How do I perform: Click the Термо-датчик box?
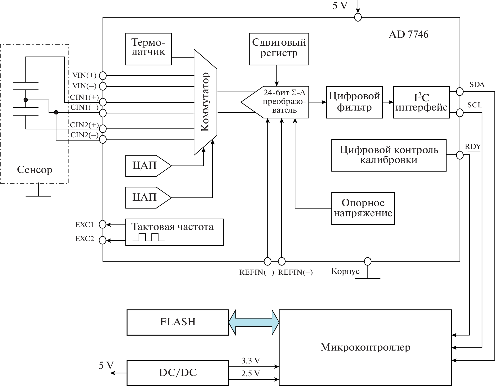point(148,49)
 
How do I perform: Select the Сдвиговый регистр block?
point(279,49)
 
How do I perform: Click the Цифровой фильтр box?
point(354,102)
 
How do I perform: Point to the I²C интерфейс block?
point(421,102)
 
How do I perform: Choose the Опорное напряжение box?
point(363,208)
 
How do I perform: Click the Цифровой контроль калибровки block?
point(389,155)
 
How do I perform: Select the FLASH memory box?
point(178,322)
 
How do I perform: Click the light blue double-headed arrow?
point(254,322)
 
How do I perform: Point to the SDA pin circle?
point(460,91)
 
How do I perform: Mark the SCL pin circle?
point(460,113)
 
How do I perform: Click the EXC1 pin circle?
point(103,225)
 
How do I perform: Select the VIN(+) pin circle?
point(103,76)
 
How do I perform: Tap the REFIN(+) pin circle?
point(267,261)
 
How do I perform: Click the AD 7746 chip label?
point(408,35)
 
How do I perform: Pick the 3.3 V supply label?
point(251,361)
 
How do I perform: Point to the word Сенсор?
point(35,170)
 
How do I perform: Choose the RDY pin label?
point(473,147)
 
